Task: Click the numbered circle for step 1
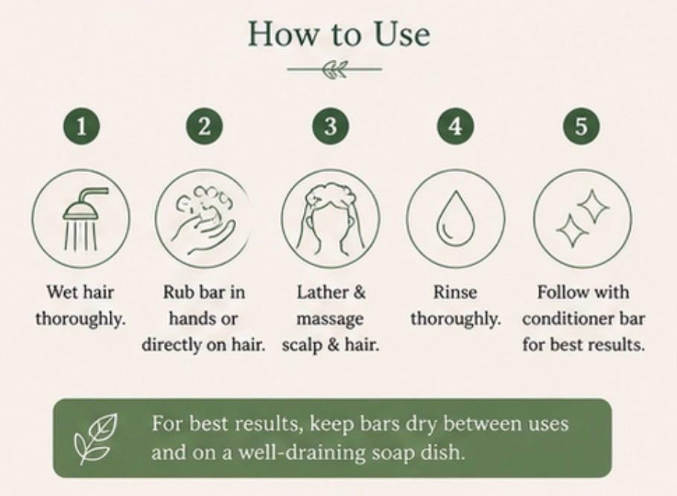pyautogui.click(x=81, y=126)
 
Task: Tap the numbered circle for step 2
pyautogui.click(x=205, y=126)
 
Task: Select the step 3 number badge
pyautogui.click(x=330, y=126)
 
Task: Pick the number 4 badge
pyautogui.click(x=456, y=126)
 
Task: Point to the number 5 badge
pyautogui.click(x=581, y=126)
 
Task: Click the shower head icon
pyautogui.click(x=81, y=218)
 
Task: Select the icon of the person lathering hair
pyautogui.click(x=330, y=218)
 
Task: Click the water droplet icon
pyautogui.click(x=456, y=218)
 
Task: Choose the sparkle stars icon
pyautogui.click(x=582, y=218)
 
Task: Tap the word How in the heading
pyautogui.click(x=282, y=34)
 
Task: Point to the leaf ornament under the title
pyautogui.click(x=334, y=69)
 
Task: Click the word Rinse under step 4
pyautogui.click(x=455, y=292)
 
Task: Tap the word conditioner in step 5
pyautogui.click(x=565, y=319)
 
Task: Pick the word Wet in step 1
pyautogui.click(x=60, y=292)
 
